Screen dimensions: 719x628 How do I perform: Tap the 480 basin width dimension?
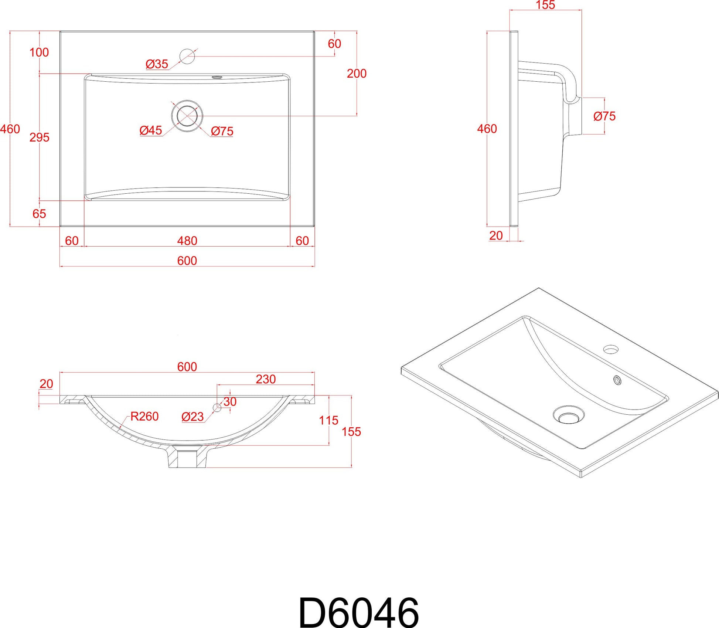click(x=187, y=241)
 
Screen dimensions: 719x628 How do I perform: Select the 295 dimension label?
click(x=40, y=137)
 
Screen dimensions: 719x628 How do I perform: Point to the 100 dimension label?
click(x=39, y=52)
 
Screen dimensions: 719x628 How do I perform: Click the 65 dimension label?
click(x=39, y=214)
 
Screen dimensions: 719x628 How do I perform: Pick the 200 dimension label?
click(x=357, y=73)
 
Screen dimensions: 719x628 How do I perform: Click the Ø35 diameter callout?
click(x=157, y=64)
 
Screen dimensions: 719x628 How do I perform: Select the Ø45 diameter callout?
click(x=151, y=130)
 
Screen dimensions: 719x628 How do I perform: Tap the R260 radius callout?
click(x=144, y=416)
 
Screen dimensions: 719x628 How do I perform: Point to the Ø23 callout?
click(x=192, y=417)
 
